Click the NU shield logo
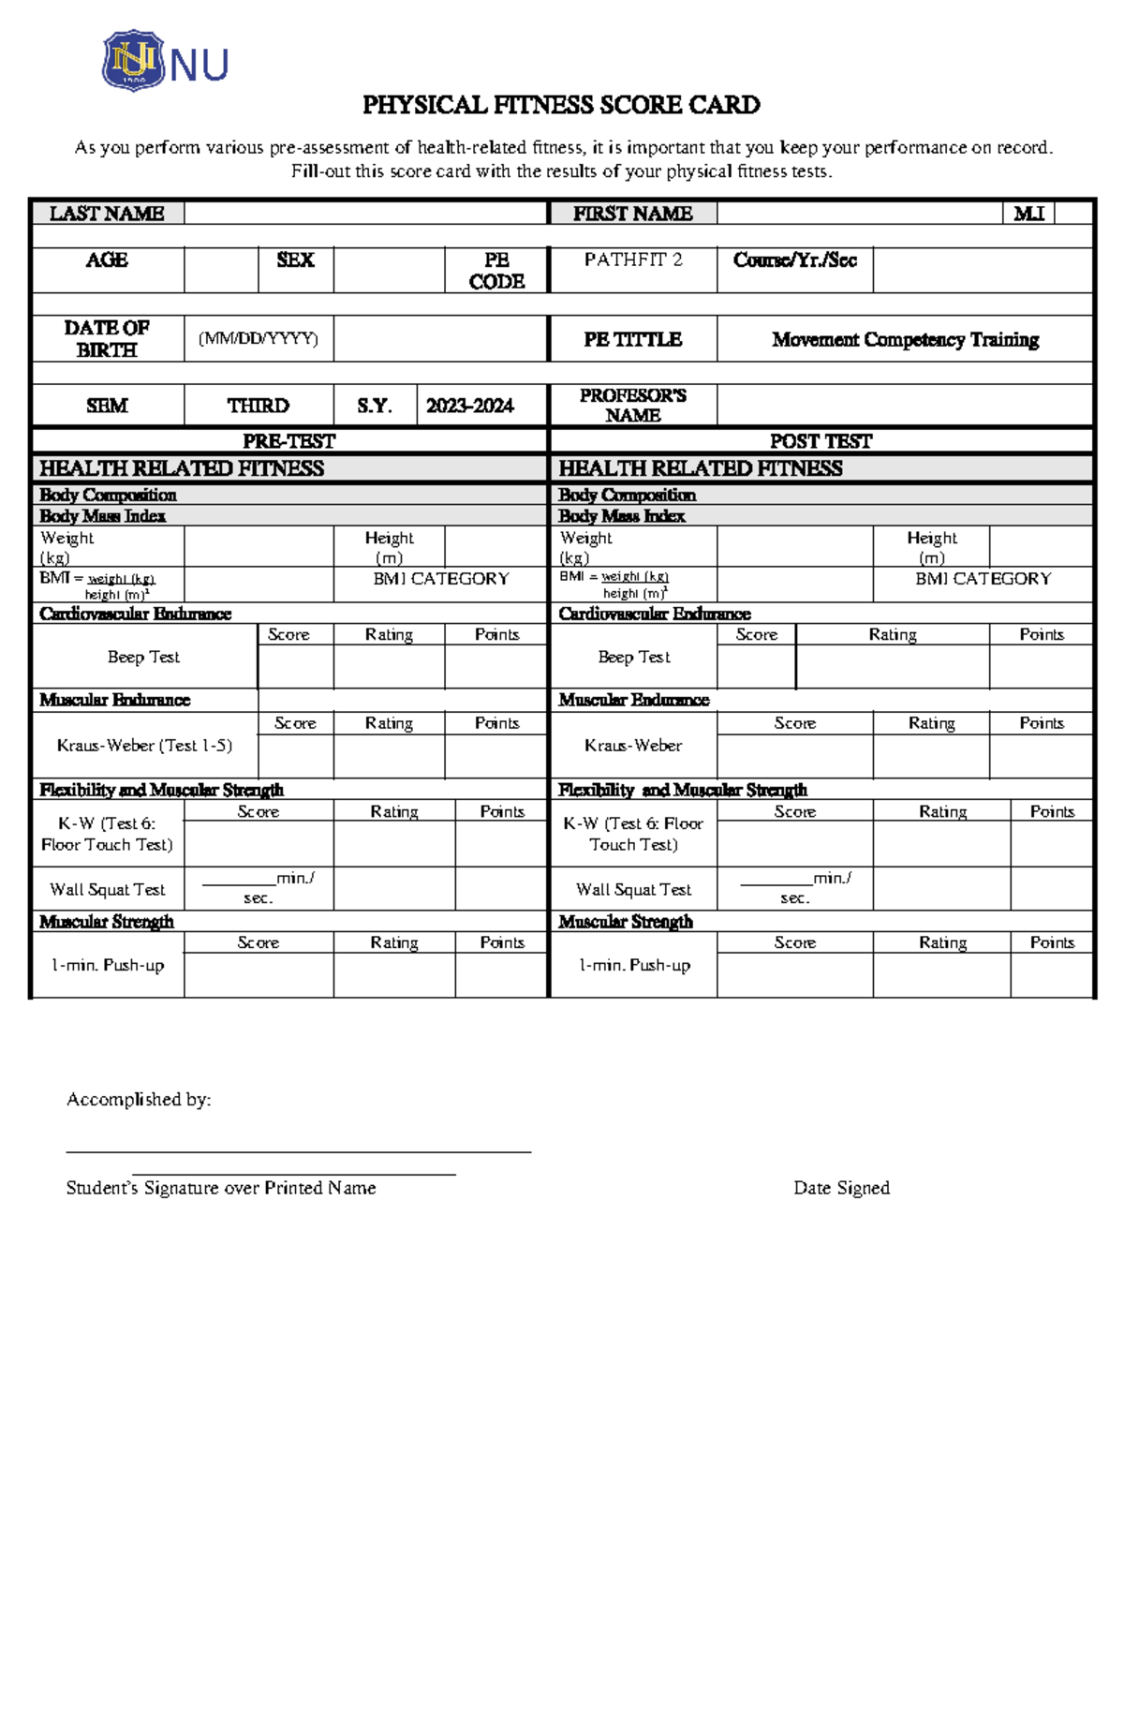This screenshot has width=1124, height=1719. (x=133, y=61)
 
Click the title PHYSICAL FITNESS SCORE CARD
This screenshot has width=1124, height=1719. (x=561, y=105)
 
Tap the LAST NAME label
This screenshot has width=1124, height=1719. (x=107, y=214)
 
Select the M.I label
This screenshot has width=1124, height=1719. (x=1028, y=214)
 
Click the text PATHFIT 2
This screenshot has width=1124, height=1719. (x=633, y=259)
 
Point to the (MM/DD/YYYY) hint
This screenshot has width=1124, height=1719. (x=259, y=338)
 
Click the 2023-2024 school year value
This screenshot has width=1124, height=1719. (x=469, y=406)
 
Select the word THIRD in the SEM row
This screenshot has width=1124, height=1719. (x=258, y=406)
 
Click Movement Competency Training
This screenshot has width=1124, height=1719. (x=905, y=339)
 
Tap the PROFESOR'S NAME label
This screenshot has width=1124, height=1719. (x=633, y=405)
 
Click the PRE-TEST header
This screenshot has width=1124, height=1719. (x=288, y=441)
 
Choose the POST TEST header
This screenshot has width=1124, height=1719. (x=821, y=441)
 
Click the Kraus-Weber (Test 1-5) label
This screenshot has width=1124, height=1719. (x=144, y=746)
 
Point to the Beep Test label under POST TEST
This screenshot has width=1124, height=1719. (x=634, y=658)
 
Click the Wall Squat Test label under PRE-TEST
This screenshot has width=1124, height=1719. (x=108, y=890)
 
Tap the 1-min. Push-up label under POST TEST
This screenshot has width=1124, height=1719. (x=634, y=966)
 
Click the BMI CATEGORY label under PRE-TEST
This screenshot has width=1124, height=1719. (x=441, y=579)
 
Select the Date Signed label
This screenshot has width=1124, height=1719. (x=841, y=1188)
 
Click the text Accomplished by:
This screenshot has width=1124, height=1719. (x=139, y=1100)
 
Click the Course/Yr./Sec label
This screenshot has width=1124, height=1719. (x=795, y=259)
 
